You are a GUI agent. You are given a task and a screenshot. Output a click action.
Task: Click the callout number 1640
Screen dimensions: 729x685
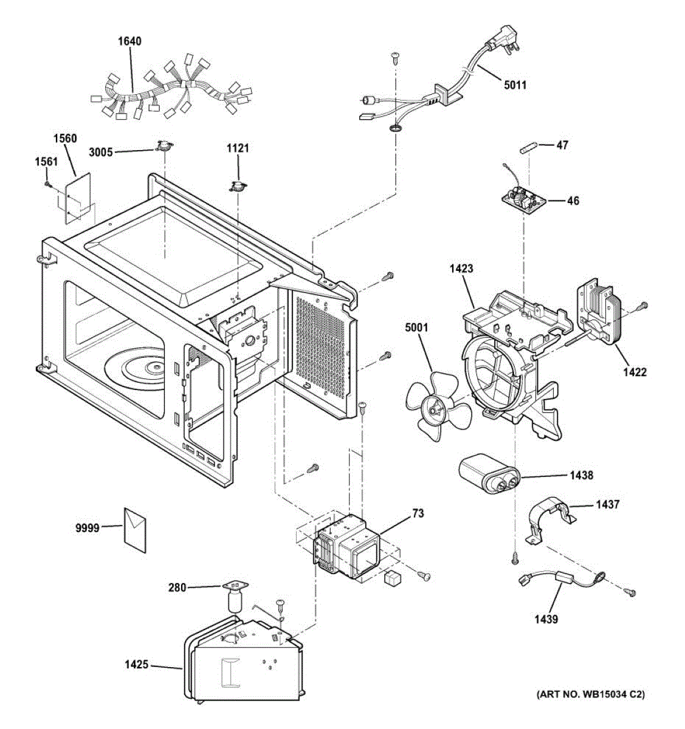(x=129, y=41)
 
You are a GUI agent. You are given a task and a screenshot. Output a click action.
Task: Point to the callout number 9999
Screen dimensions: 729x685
(x=87, y=528)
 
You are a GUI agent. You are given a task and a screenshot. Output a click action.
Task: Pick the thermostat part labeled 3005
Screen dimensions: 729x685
(x=162, y=146)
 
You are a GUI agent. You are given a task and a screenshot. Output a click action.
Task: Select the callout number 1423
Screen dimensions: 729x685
(x=462, y=268)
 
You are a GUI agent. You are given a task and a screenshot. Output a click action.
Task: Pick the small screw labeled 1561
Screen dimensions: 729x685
(x=47, y=183)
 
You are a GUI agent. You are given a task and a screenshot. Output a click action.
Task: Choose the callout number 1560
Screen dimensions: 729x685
(x=65, y=139)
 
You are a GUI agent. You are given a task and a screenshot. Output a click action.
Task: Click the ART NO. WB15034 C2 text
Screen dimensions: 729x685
(x=590, y=694)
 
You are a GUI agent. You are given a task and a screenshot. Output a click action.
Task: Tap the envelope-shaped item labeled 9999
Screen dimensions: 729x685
(x=136, y=529)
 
